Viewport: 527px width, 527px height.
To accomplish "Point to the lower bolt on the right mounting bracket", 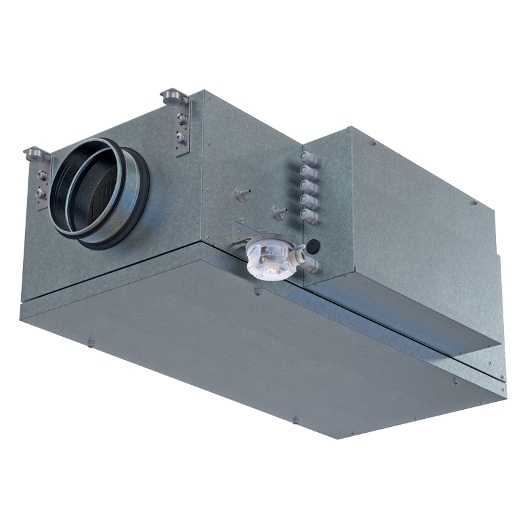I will tap(180, 138).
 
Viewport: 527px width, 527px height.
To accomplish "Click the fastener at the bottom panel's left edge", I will tap(91, 341).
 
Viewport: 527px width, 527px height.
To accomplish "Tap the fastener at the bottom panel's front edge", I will tap(294, 419).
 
